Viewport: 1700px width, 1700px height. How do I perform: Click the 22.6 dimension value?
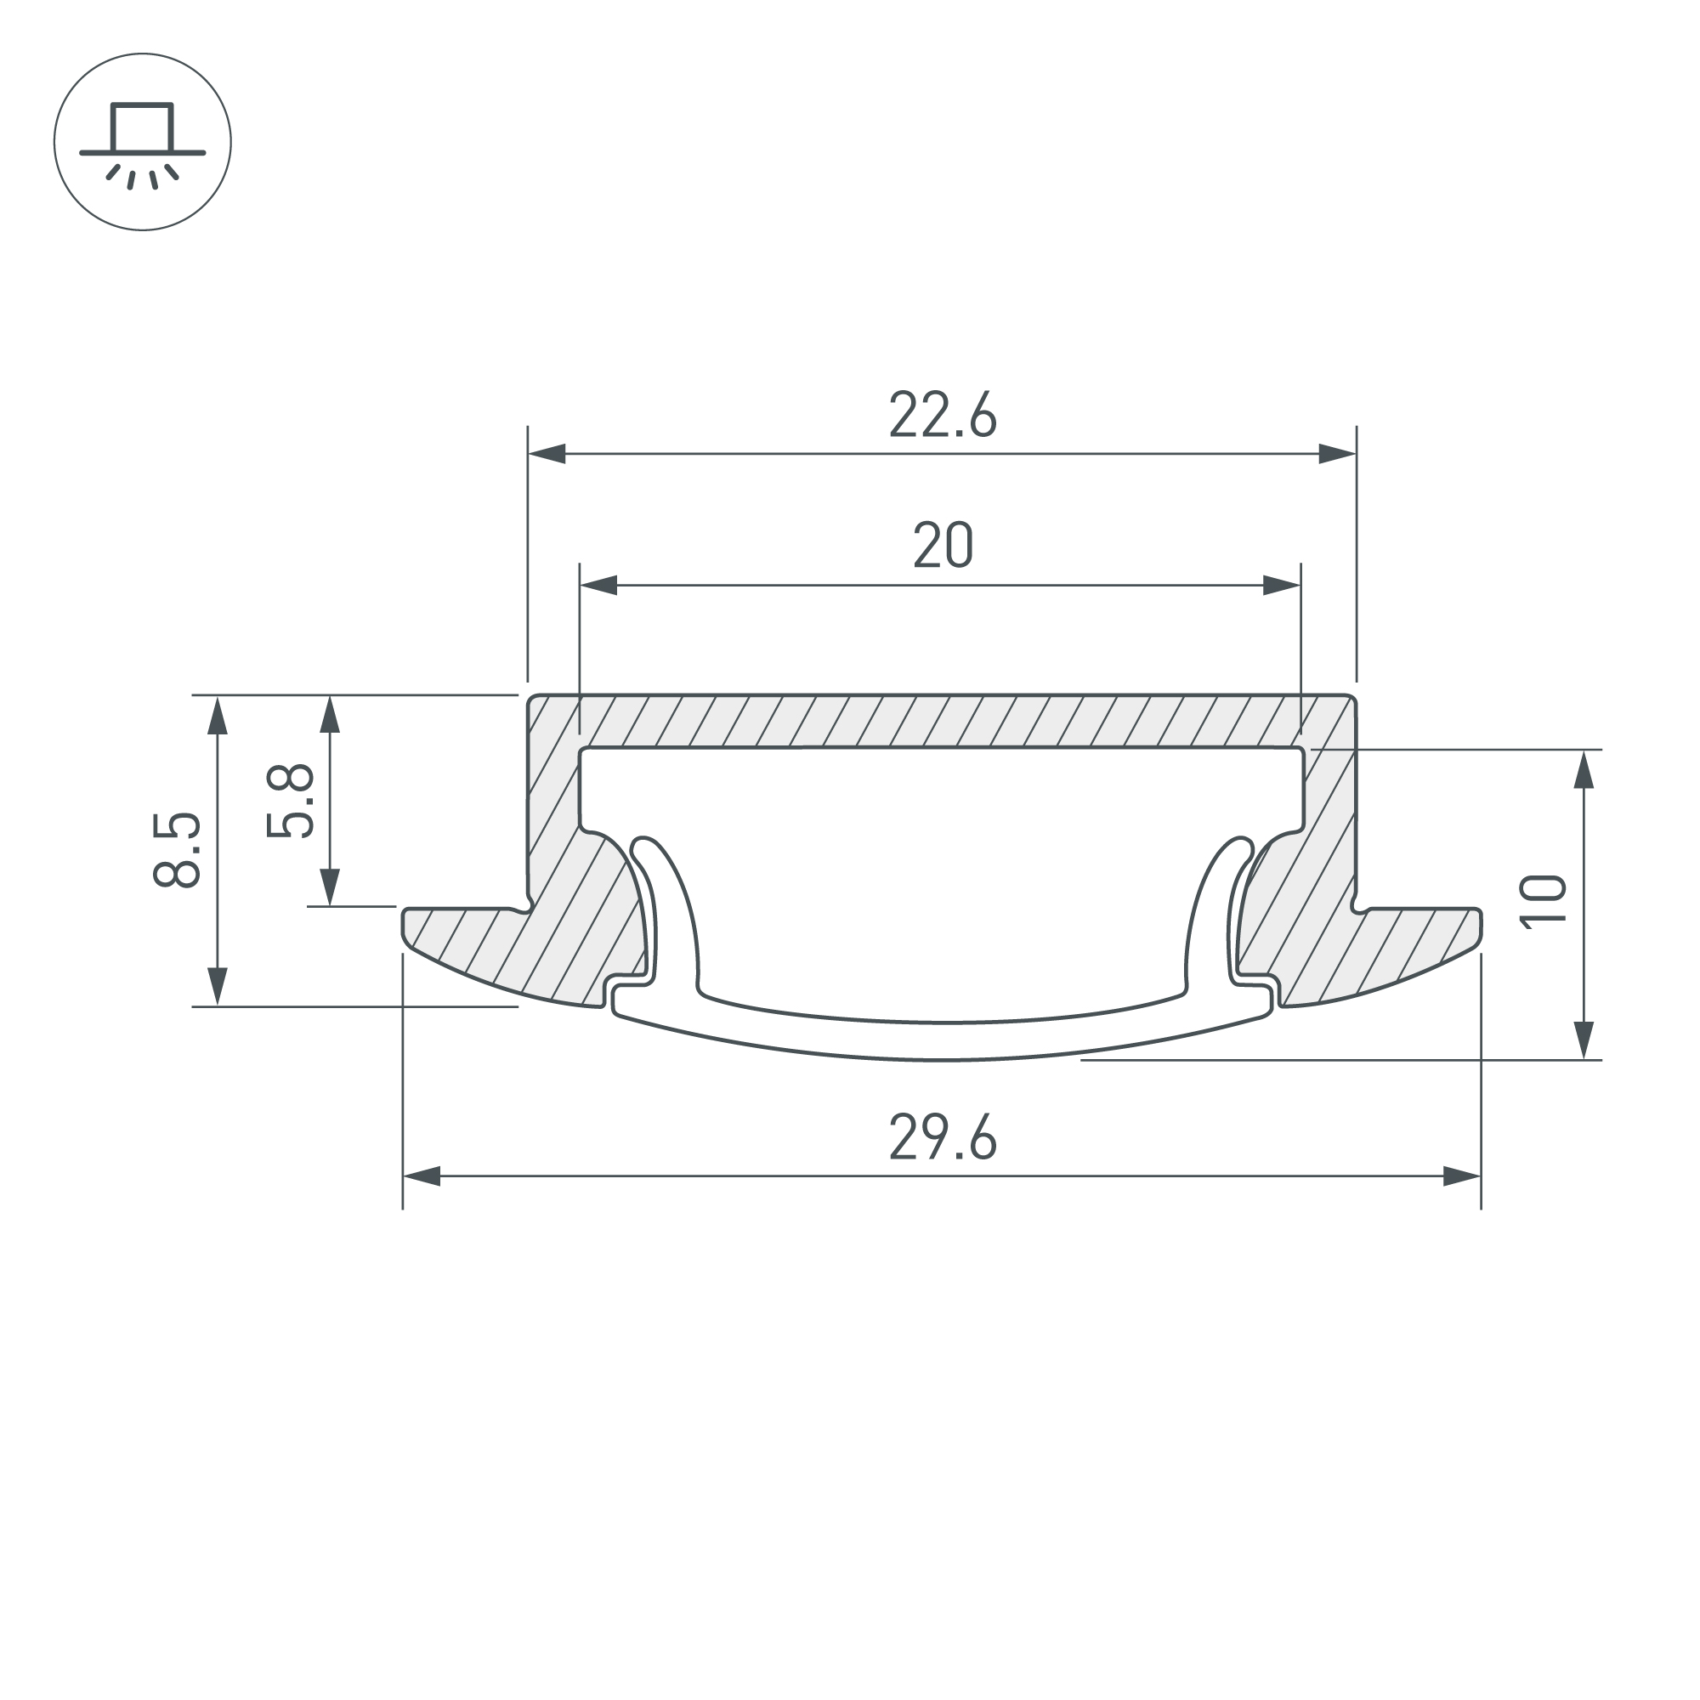pyautogui.click(x=943, y=414)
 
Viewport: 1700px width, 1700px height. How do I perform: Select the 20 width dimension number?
pyautogui.click(x=943, y=545)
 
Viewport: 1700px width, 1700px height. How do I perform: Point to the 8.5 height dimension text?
pyautogui.click(x=177, y=850)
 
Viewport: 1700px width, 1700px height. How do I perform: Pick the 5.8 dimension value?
pyautogui.click(x=290, y=801)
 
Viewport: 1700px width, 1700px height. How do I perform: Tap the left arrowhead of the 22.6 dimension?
pyautogui.click(x=547, y=454)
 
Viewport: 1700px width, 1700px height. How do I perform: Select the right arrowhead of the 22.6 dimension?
pyautogui.click(x=1337, y=454)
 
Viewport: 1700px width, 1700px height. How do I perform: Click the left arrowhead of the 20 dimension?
pyautogui.click(x=598, y=585)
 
